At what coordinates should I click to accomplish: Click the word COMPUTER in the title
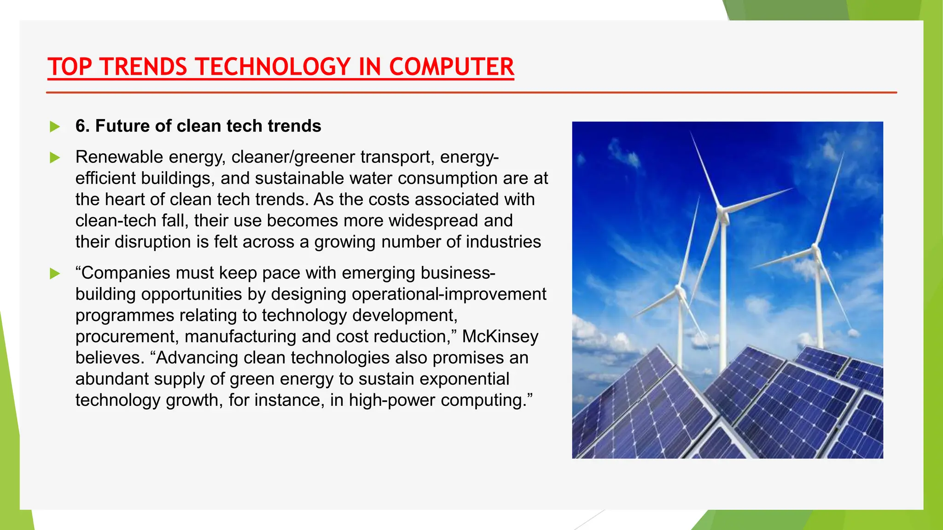(x=451, y=67)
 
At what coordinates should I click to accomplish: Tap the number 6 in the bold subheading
(x=81, y=126)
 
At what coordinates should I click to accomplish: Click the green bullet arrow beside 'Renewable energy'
(x=55, y=158)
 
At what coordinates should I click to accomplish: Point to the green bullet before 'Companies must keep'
(x=55, y=274)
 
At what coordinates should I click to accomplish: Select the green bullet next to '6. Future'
(x=55, y=127)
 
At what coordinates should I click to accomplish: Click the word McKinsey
(x=500, y=336)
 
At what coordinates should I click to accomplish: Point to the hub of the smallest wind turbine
(x=679, y=291)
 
